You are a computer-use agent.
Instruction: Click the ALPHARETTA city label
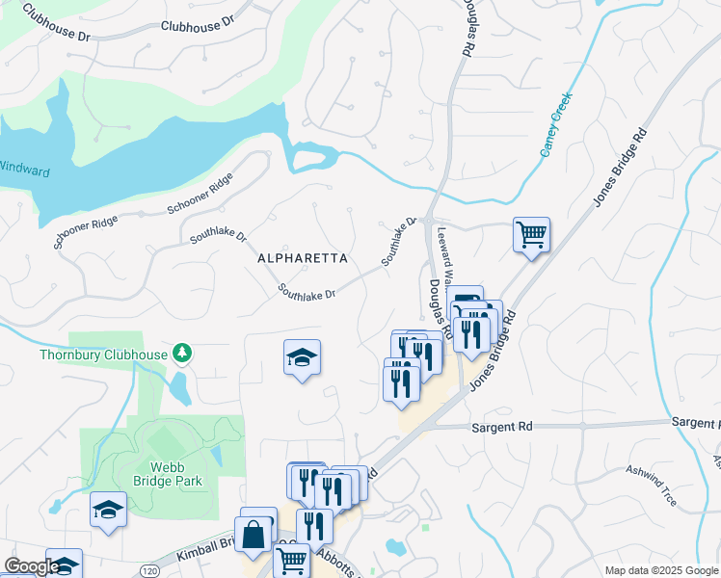(302, 258)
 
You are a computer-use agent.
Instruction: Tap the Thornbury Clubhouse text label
(103, 355)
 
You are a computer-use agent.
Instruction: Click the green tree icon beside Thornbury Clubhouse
(181, 354)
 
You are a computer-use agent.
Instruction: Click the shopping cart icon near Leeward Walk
(531, 234)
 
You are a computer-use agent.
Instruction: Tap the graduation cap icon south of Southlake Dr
(302, 357)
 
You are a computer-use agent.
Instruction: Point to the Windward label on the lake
(24, 171)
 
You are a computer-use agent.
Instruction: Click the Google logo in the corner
(31, 566)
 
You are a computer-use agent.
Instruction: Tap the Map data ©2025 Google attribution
(661, 570)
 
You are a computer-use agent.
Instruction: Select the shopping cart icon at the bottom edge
(291, 560)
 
